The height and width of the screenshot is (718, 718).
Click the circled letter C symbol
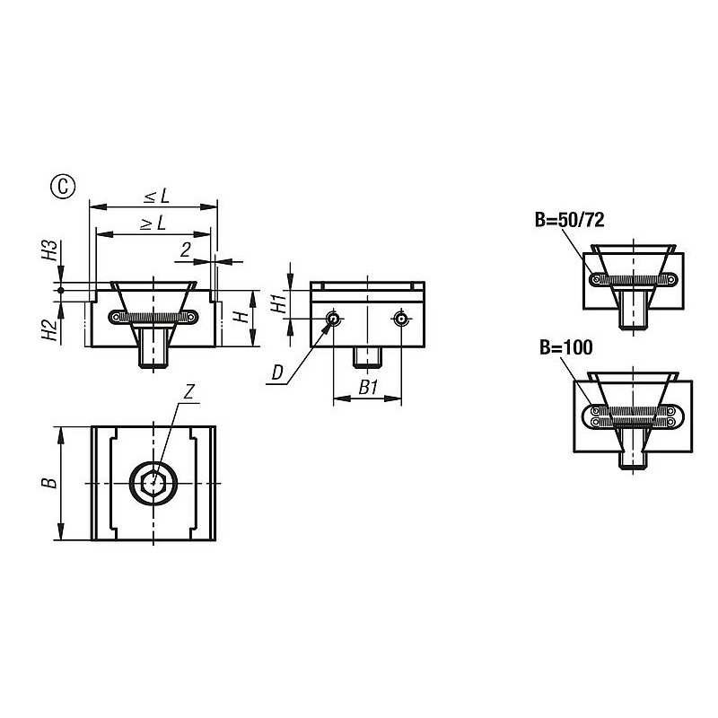63,187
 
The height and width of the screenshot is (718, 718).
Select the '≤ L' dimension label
156,197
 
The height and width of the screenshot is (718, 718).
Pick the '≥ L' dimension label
153,223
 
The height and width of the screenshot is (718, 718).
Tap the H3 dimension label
50,250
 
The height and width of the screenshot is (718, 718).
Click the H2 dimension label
50,329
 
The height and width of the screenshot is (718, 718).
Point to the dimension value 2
185,250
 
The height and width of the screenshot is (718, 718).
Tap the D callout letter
277,373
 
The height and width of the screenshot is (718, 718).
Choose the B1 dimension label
368,388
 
